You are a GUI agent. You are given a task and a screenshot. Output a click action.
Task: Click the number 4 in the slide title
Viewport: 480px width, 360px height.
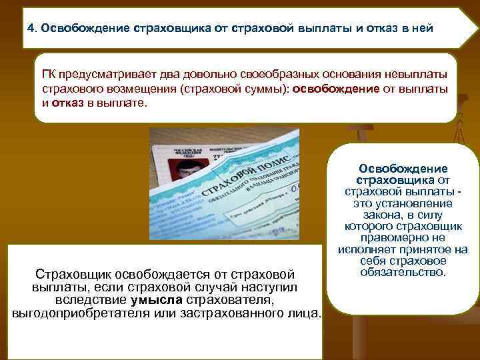[31, 29]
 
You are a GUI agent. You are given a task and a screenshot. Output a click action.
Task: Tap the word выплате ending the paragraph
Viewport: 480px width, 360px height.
[126, 104]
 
